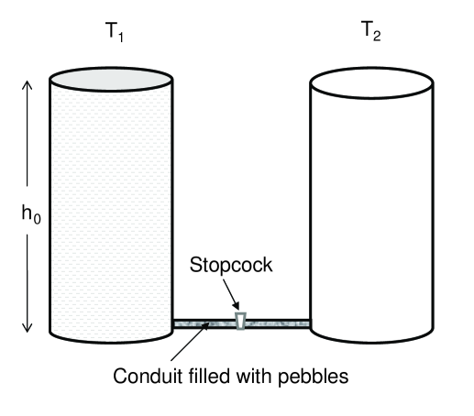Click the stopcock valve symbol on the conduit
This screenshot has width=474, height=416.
coord(240,321)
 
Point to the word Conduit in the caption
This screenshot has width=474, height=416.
coord(142,376)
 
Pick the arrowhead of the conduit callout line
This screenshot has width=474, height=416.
coord(206,327)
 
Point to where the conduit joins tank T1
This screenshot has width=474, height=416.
coord(174,322)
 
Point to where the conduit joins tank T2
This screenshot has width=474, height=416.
coord(310,322)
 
